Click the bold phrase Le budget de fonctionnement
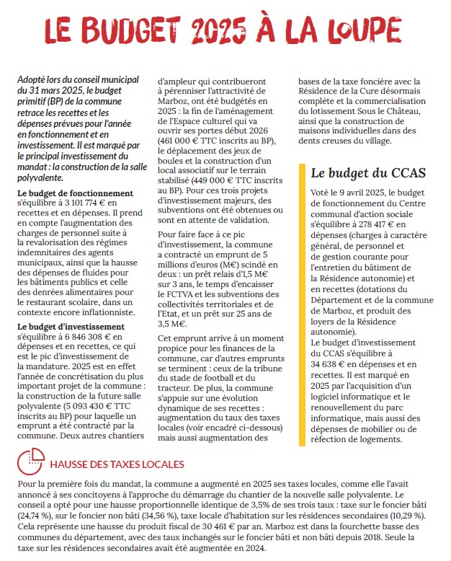click(66, 193)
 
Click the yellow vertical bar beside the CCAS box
click(301, 303)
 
